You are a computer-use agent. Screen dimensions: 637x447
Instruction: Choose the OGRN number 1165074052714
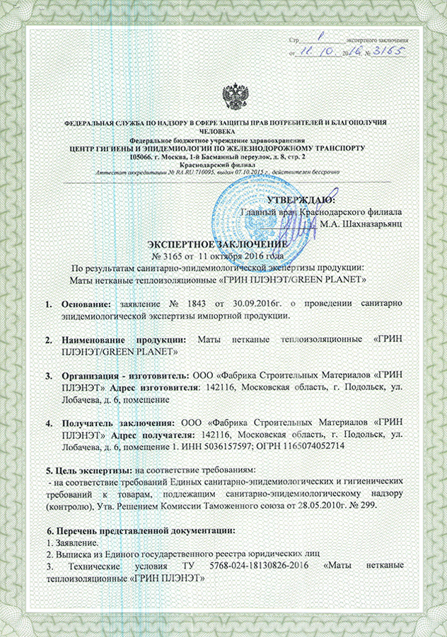click(313, 447)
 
